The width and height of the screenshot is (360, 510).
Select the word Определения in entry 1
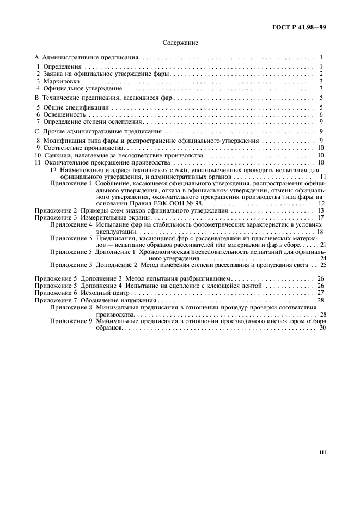tap(62, 66)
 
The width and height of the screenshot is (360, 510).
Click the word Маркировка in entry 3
tap(60, 81)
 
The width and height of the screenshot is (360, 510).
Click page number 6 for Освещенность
tap(322, 114)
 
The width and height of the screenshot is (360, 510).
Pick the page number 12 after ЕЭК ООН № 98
tap(321, 203)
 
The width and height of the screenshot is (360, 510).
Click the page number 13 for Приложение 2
tap(321, 210)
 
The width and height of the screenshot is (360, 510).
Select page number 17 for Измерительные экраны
tap(321, 217)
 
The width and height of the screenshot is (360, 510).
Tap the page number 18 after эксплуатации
tap(320, 232)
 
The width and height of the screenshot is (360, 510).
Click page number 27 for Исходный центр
tap(321, 293)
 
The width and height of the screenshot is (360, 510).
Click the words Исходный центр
tap(103, 293)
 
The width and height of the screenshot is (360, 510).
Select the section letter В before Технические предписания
tap(36, 98)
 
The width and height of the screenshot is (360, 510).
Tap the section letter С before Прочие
tap(36, 131)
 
